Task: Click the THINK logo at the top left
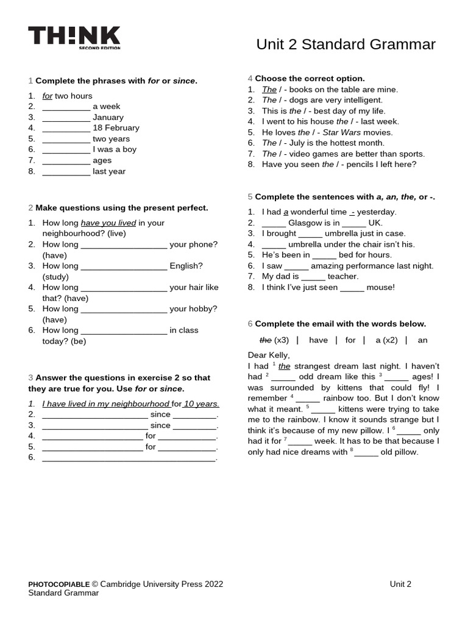point(74,37)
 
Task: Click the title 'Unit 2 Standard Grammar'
point(346,44)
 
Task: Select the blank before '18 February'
point(66,129)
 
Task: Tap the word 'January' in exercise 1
point(108,118)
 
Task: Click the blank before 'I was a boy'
point(66,150)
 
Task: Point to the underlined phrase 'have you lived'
point(108,223)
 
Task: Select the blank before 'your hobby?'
point(124,310)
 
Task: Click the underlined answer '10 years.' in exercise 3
point(202,404)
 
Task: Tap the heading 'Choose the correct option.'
point(310,79)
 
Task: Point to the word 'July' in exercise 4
point(299,143)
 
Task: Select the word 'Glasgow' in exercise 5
point(305,223)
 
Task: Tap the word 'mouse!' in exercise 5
point(381,288)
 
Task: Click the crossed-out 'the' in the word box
point(265,340)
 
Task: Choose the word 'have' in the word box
point(318,340)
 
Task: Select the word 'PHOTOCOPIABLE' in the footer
point(59,584)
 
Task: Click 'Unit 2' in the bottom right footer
point(400,584)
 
